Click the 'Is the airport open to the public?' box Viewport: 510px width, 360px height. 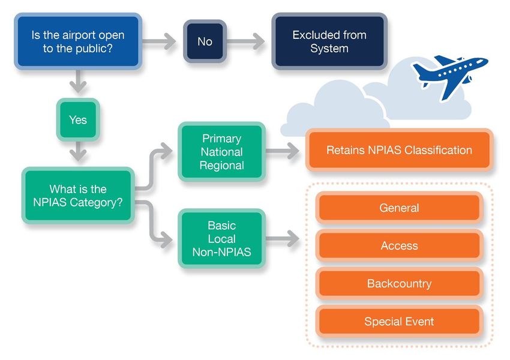(78, 41)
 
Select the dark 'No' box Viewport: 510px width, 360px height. (205, 41)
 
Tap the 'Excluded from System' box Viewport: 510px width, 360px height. (329, 41)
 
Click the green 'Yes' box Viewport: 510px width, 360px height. (78, 119)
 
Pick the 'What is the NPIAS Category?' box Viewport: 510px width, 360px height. (78, 196)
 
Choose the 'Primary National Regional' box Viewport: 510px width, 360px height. (222, 152)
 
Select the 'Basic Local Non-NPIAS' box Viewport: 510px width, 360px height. (222, 239)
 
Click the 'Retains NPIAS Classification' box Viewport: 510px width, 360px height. (399, 150)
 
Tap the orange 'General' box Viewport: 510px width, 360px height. (399, 208)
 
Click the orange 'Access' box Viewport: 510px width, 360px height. (399, 245)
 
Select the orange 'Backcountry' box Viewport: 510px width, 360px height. (399, 283)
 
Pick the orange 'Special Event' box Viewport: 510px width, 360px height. (399, 322)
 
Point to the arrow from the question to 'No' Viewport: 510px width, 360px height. (159, 41)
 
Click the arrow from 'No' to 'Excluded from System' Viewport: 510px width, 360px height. (245, 41)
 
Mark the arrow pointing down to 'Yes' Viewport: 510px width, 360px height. (78, 82)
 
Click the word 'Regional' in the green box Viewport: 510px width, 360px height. (222, 166)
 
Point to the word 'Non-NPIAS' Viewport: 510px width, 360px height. (222, 252)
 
